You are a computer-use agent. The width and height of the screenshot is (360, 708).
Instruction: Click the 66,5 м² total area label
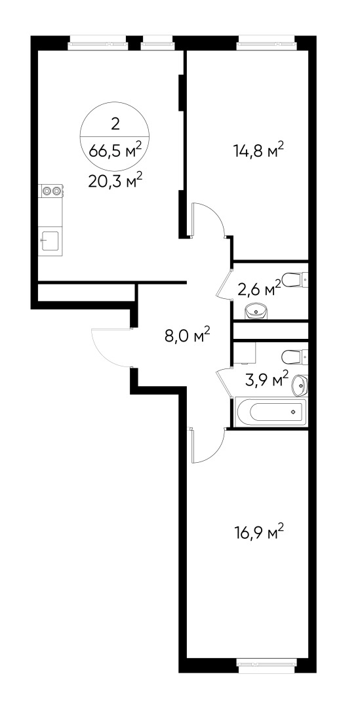[115, 151]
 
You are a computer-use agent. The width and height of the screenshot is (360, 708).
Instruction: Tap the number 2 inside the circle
[115, 123]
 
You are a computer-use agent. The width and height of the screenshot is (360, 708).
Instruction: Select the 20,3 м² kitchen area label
[115, 180]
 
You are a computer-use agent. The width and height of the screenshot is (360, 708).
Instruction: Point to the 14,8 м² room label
[258, 150]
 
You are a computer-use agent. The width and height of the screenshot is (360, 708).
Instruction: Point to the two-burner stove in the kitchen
[52, 191]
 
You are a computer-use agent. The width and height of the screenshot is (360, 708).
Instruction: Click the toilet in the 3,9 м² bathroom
[294, 357]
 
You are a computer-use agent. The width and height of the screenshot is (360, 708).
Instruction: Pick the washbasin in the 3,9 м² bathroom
[300, 385]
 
